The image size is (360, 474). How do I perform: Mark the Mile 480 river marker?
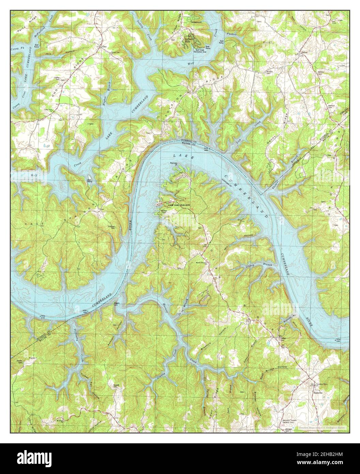(x=86, y=311)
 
